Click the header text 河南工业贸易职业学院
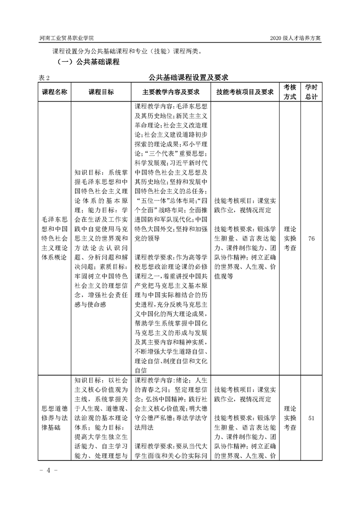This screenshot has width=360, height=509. [67, 38]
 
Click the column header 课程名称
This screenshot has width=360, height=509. [55, 92]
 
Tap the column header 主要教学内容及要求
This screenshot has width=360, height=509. [172, 92]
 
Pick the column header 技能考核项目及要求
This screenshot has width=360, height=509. [245, 92]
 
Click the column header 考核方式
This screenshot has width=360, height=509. [290, 92]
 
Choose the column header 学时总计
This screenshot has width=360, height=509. [311, 92]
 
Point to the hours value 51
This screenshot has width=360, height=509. [311, 418]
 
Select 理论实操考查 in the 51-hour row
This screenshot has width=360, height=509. [290, 418]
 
